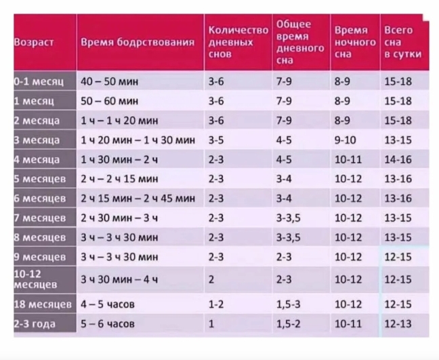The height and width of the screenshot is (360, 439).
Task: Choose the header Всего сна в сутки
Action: click(x=402, y=42)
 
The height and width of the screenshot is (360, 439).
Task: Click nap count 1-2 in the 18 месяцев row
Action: click(x=216, y=304)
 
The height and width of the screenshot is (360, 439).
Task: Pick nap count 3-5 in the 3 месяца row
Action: click(x=216, y=140)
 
